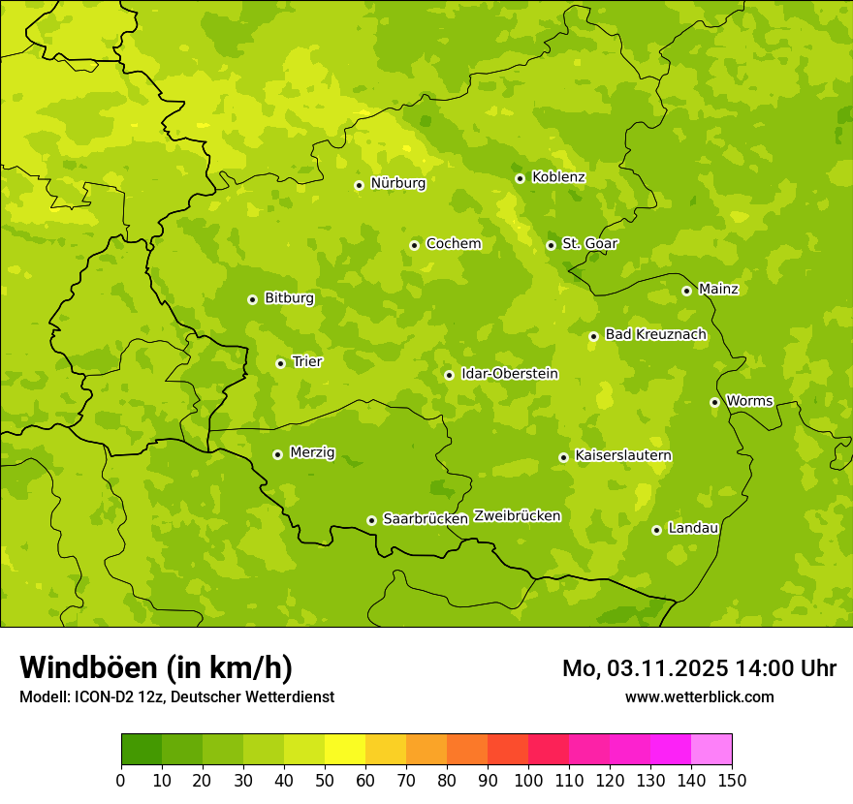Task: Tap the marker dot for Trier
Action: pyautogui.click(x=281, y=363)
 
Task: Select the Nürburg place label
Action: pyautogui.click(x=397, y=183)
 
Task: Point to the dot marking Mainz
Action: pyautogui.click(x=686, y=291)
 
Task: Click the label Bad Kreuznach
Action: pyautogui.click(x=655, y=334)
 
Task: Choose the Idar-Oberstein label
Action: pyautogui.click(x=510, y=373)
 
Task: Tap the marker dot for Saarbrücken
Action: pyautogui.click(x=371, y=520)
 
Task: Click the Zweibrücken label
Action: pyautogui.click(x=517, y=516)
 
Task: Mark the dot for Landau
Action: pyautogui.click(x=656, y=530)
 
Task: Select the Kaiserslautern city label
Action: pyautogui.click(x=623, y=455)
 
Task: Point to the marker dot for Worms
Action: pyautogui.click(x=714, y=402)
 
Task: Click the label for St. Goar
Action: pyautogui.click(x=589, y=243)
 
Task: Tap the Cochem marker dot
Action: pyautogui.click(x=414, y=245)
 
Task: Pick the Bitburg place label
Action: pyautogui.click(x=289, y=298)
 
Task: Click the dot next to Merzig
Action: pyautogui.click(x=277, y=454)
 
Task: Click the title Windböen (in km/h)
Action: pyautogui.click(x=156, y=667)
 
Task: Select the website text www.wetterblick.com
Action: pyautogui.click(x=699, y=696)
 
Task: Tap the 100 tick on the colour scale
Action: pyautogui.click(x=528, y=780)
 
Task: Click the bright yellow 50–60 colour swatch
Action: pyautogui.click(x=345, y=750)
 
